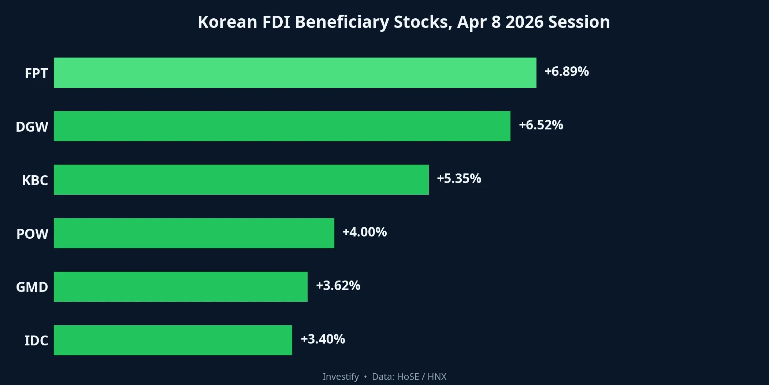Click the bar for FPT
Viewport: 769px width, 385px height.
[x=295, y=73]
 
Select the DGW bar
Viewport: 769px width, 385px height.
[x=282, y=126]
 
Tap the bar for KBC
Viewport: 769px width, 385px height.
[x=241, y=180]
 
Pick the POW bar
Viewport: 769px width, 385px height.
[x=194, y=233]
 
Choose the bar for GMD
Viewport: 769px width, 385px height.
[x=181, y=287]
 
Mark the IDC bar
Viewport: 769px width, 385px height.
[x=173, y=340]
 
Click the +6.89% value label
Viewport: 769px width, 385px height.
[x=566, y=71]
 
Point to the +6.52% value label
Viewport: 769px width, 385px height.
[x=541, y=125]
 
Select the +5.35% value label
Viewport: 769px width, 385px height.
[x=459, y=179]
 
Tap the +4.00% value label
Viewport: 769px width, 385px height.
[x=364, y=232]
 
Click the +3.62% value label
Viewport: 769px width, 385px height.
[x=338, y=286]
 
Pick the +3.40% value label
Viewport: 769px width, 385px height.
[x=323, y=339]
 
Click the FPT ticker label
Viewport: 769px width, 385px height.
[x=36, y=73]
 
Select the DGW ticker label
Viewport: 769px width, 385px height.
[x=32, y=127]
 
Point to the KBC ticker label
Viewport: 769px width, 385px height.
[x=35, y=180]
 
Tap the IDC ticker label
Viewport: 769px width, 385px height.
[x=36, y=341]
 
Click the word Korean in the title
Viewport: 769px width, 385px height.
[x=227, y=22]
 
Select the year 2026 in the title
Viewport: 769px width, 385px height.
[x=524, y=22]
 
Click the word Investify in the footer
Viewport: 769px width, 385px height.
[x=341, y=377]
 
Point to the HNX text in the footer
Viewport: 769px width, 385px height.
[x=437, y=377]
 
